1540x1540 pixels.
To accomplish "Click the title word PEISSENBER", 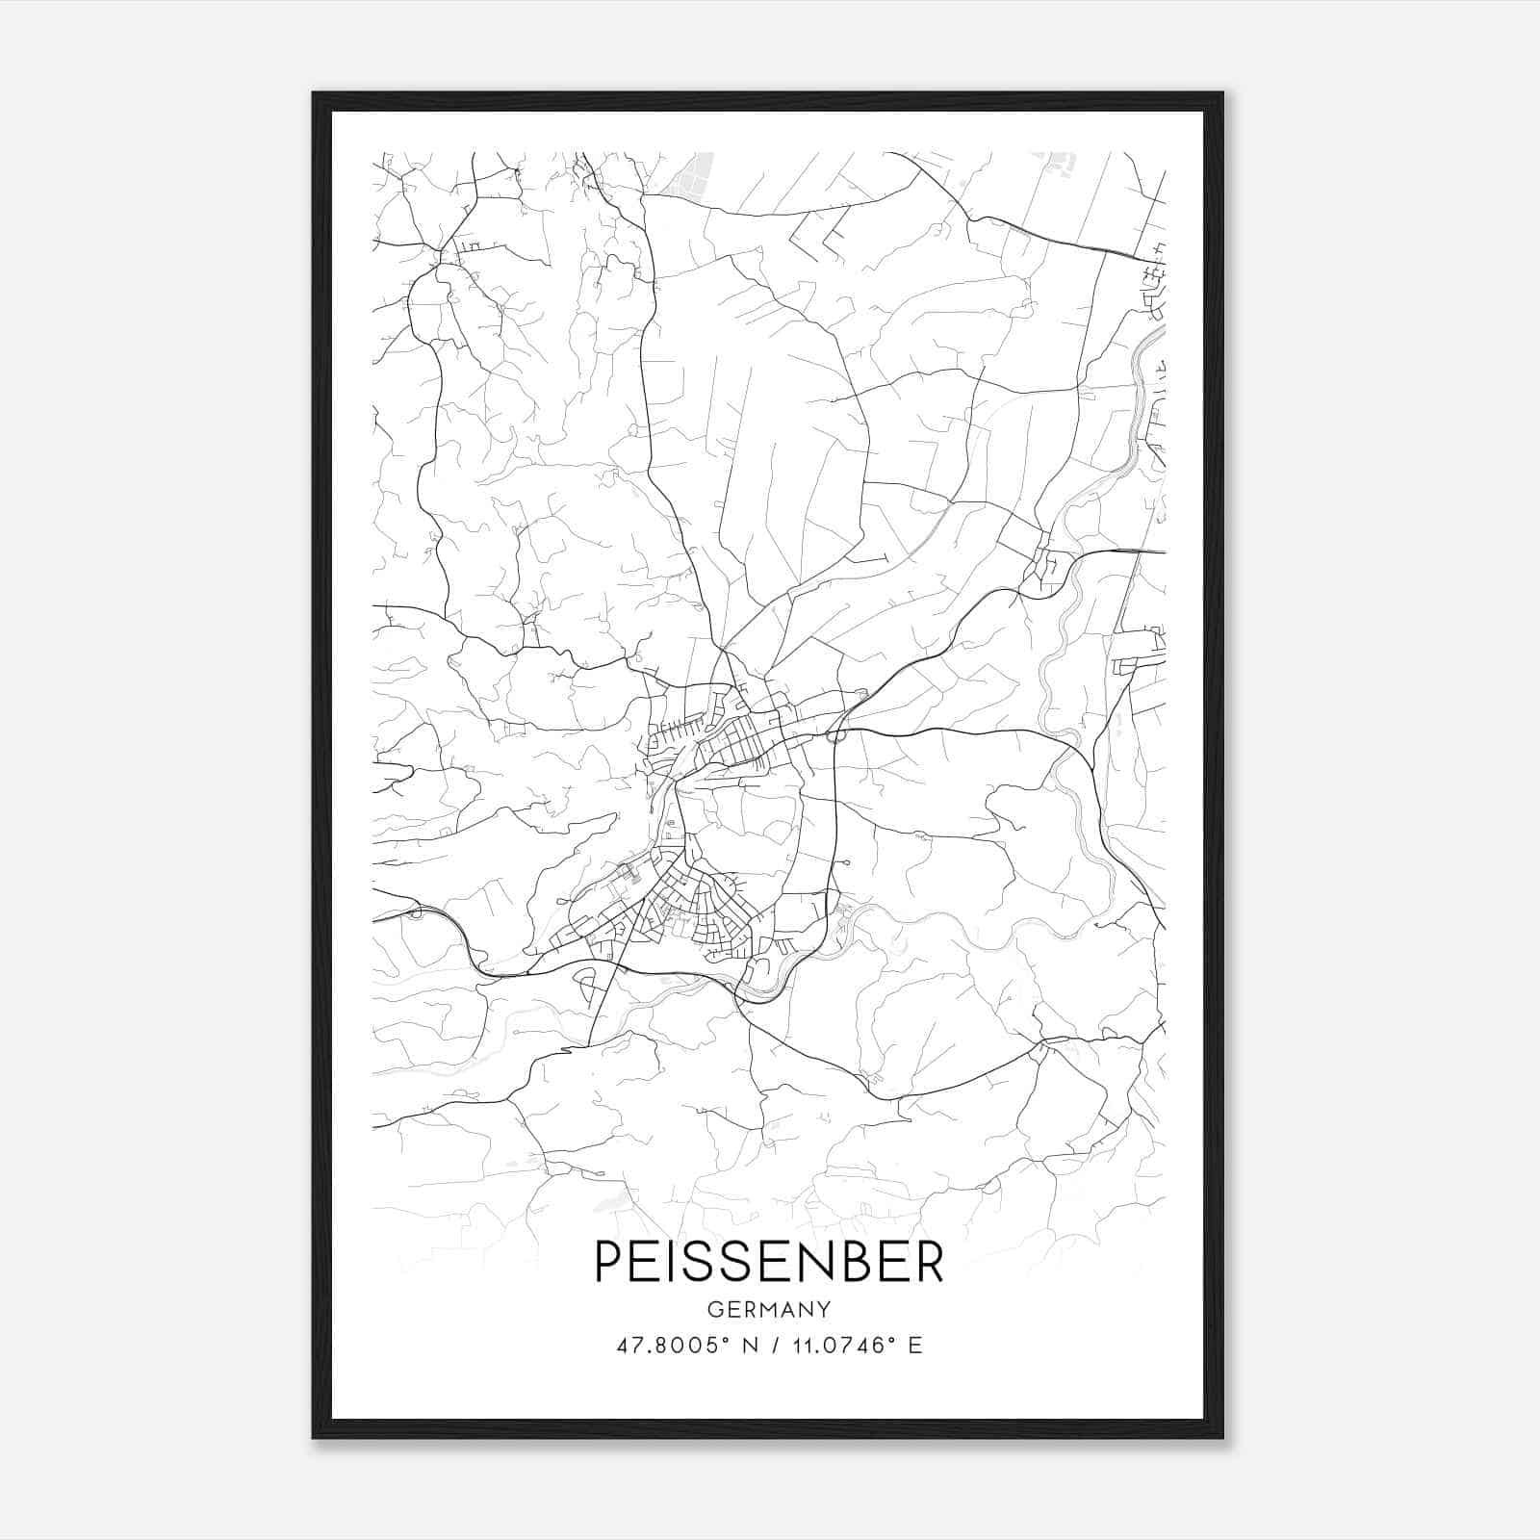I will (769, 1261).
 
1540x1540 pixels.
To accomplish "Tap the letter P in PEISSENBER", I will (608, 1261).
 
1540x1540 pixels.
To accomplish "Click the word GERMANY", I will (769, 1309).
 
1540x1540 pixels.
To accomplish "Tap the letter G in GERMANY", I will (714, 1309).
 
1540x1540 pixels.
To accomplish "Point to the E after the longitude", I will (915, 1346).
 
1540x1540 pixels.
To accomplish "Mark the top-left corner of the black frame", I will (315, 94).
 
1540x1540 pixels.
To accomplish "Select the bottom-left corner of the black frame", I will (315, 1436).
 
